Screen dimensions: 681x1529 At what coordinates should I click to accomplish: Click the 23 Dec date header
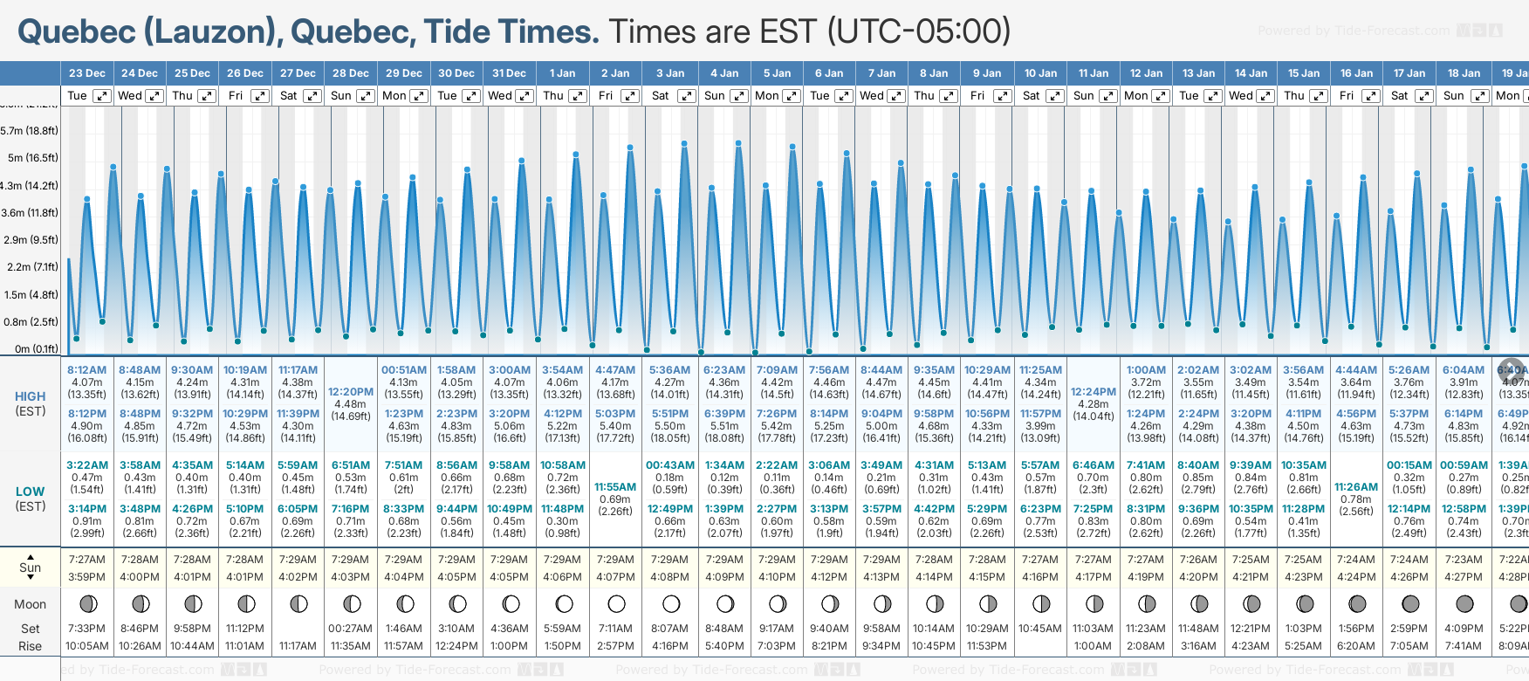pyautogui.click(x=86, y=73)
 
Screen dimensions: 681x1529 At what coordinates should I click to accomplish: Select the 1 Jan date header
pyautogui.click(x=562, y=73)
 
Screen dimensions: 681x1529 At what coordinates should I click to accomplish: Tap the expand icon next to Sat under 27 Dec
pyautogui.click(x=312, y=96)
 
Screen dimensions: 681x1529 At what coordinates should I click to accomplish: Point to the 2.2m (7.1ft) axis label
pyautogui.click(x=31, y=267)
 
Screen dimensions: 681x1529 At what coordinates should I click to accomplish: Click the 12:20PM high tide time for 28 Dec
pyautogui.click(x=351, y=392)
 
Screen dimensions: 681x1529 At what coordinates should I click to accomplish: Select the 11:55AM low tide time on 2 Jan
pyautogui.click(x=615, y=487)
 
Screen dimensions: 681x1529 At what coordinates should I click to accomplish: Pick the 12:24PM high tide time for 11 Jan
pyautogui.click(x=1094, y=392)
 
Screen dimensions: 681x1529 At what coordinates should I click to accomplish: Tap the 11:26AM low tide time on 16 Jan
pyautogui.click(x=1356, y=487)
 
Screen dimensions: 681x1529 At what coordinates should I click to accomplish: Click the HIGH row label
pyautogui.click(x=30, y=396)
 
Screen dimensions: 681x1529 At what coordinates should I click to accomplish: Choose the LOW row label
pyautogui.click(x=30, y=492)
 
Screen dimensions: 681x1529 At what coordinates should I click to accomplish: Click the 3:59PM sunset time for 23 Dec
pyautogui.click(x=86, y=577)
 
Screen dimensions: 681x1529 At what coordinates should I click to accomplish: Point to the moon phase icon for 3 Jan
pyautogui.click(x=671, y=603)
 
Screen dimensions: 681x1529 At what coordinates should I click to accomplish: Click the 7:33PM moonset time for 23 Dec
pyautogui.click(x=86, y=629)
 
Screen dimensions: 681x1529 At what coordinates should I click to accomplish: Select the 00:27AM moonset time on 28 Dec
pyautogui.click(x=351, y=629)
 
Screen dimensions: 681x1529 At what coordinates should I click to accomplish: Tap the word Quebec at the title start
pyautogui.click(x=77, y=31)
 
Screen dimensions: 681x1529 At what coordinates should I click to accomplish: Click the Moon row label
pyautogui.click(x=30, y=604)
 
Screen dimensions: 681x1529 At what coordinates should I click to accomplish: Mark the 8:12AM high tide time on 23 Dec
pyautogui.click(x=86, y=370)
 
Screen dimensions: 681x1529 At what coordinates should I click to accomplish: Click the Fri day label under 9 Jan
pyautogui.click(x=977, y=96)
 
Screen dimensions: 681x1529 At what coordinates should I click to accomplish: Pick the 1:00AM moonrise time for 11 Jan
pyautogui.click(x=1094, y=646)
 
